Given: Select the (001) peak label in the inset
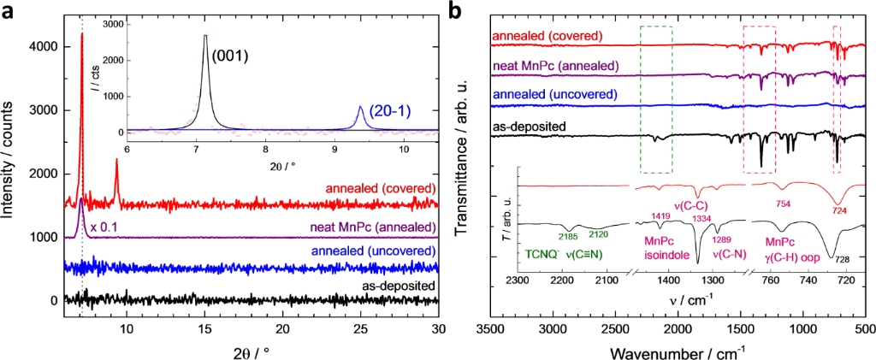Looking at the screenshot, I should pos(230,57).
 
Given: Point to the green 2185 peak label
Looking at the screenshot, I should pos(568,236).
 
